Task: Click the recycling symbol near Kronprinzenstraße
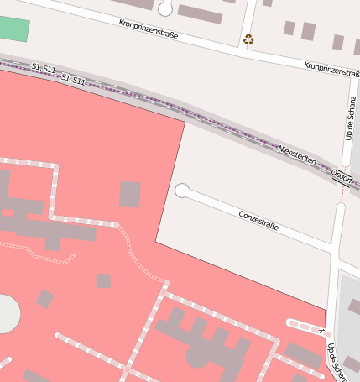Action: pyautogui.click(x=248, y=39)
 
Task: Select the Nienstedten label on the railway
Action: pyautogui.click(x=302, y=157)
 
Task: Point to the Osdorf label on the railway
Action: pyautogui.click(x=341, y=175)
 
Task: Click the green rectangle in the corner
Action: pyautogui.click(x=13, y=29)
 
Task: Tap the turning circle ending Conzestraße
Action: pyautogui.click(x=181, y=191)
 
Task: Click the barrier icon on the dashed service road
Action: pyautogui.click(x=321, y=332)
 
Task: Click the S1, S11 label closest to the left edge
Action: pyautogui.click(x=44, y=67)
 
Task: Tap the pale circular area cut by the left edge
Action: pyautogui.click(x=6, y=313)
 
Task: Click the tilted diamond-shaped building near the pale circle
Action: pyautogui.click(x=44, y=299)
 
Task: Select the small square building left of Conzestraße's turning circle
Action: pyautogui.click(x=129, y=194)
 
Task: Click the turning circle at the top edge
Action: pyautogui.click(x=165, y=8)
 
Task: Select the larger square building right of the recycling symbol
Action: pyautogui.click(x=308, y=31)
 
